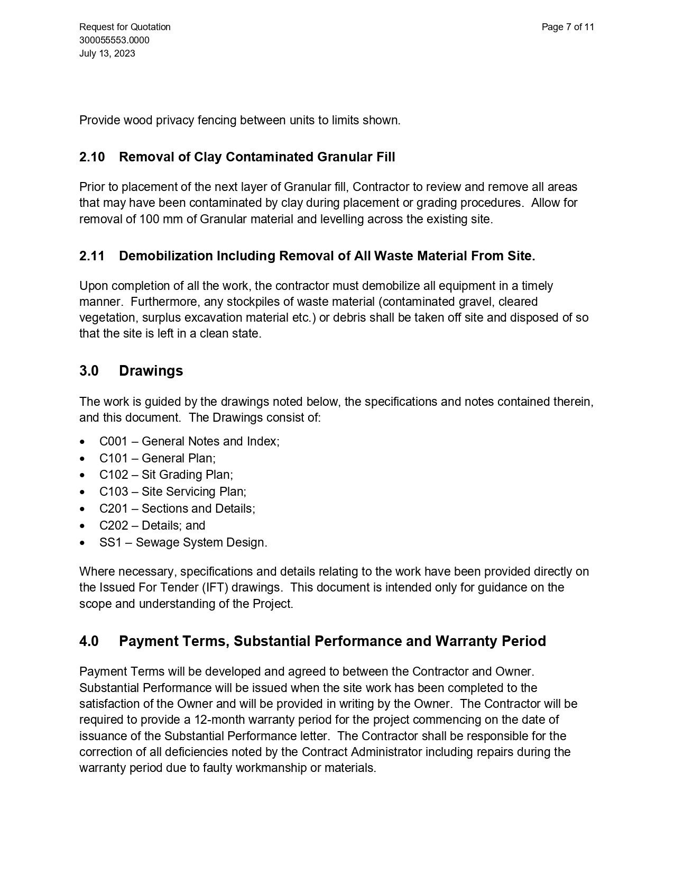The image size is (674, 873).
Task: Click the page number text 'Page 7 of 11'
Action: pos(568,27)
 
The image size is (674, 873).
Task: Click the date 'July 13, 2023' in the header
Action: pos(107,53)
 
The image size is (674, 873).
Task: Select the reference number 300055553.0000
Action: pos(114,40)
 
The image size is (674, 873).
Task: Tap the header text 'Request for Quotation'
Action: pos(125,27)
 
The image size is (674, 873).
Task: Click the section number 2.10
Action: pos(92,157)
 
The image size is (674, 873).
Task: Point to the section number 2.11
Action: pos(92,256)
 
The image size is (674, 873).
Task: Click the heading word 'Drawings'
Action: pos(151,371)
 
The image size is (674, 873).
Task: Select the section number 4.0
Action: pos(89,641)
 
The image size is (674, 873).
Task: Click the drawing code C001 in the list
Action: pos(114,442)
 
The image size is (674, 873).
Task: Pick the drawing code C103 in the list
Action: pos(114,492)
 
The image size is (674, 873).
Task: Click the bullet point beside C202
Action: pos(82,526)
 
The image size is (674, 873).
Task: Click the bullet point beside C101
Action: pos(82,459)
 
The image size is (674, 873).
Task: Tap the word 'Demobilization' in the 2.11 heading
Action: pos(165,256)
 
